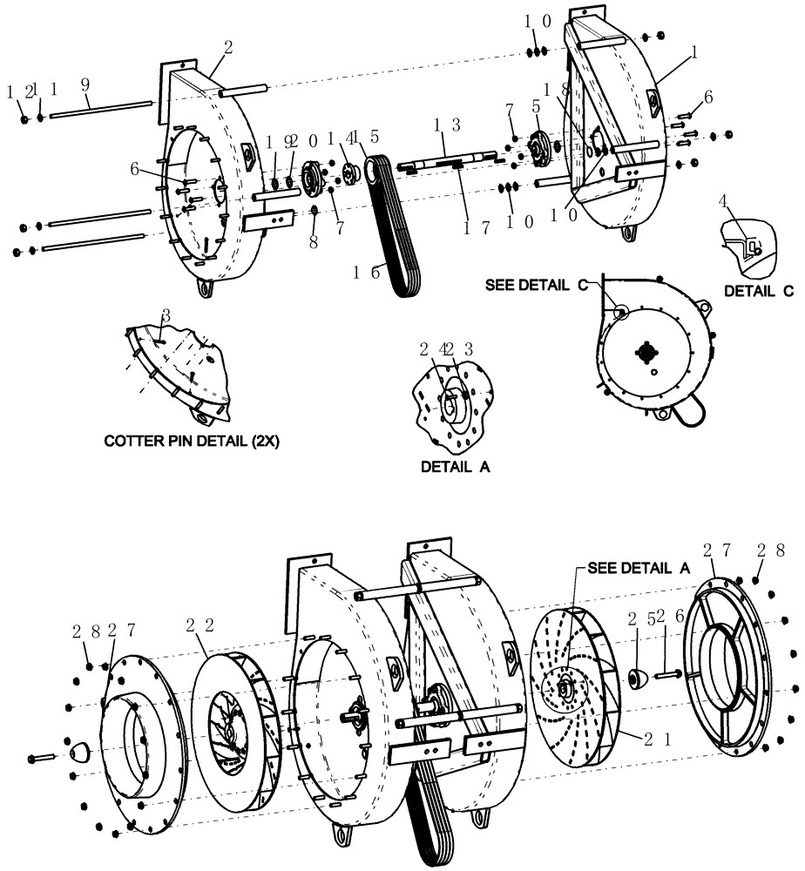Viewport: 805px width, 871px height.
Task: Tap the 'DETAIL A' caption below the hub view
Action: click(455, 467)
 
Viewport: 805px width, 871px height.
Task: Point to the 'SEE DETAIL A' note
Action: click(638, 567)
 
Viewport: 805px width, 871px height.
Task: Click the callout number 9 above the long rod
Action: click(85, 86)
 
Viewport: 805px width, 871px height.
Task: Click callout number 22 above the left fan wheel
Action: click(198, 625)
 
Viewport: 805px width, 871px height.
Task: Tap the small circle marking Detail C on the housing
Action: click(618, 310)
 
